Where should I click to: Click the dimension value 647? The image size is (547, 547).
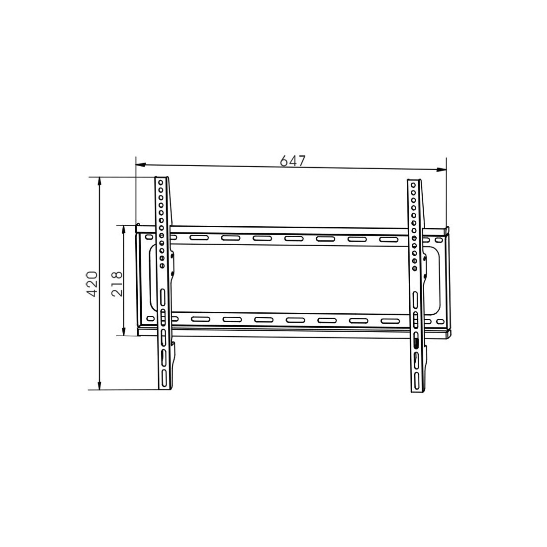point(293,161)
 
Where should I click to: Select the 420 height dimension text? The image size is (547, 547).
point(92,284)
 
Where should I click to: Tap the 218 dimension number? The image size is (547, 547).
point(117,284)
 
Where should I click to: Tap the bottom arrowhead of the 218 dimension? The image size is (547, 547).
point(123,330)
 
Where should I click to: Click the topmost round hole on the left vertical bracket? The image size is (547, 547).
point(161,182)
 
